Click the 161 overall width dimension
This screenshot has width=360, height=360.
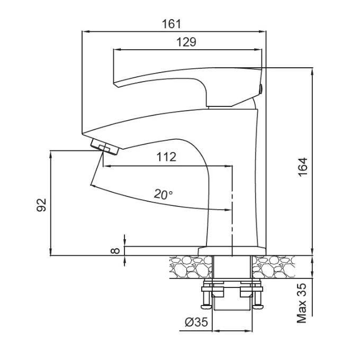coord(172,24)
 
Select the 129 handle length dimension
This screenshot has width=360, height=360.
coord(186,42)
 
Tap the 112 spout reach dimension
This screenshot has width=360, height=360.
coord(166,157)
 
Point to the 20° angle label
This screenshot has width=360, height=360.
coord(163,194)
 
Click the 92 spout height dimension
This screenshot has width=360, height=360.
coord(41,205)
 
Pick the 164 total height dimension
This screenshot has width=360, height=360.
coord(303,167)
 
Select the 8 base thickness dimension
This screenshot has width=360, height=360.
coord(115,251)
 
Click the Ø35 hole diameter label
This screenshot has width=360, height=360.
coord(196,322)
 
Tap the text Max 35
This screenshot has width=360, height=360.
coord(302,303)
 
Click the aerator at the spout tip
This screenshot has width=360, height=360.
coord(104,147)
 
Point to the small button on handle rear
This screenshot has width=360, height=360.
coord(261,89)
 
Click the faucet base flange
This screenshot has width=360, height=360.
coord(232,251)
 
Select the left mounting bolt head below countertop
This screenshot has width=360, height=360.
coord(206,306)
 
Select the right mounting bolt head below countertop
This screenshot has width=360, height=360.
coord(258,306)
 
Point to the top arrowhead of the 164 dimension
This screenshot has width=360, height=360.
coord(312,71)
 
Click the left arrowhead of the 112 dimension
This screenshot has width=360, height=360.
coord(107,166)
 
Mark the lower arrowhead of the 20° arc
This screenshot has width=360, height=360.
coord(228,210)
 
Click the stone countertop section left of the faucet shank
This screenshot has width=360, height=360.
coord(191,267)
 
